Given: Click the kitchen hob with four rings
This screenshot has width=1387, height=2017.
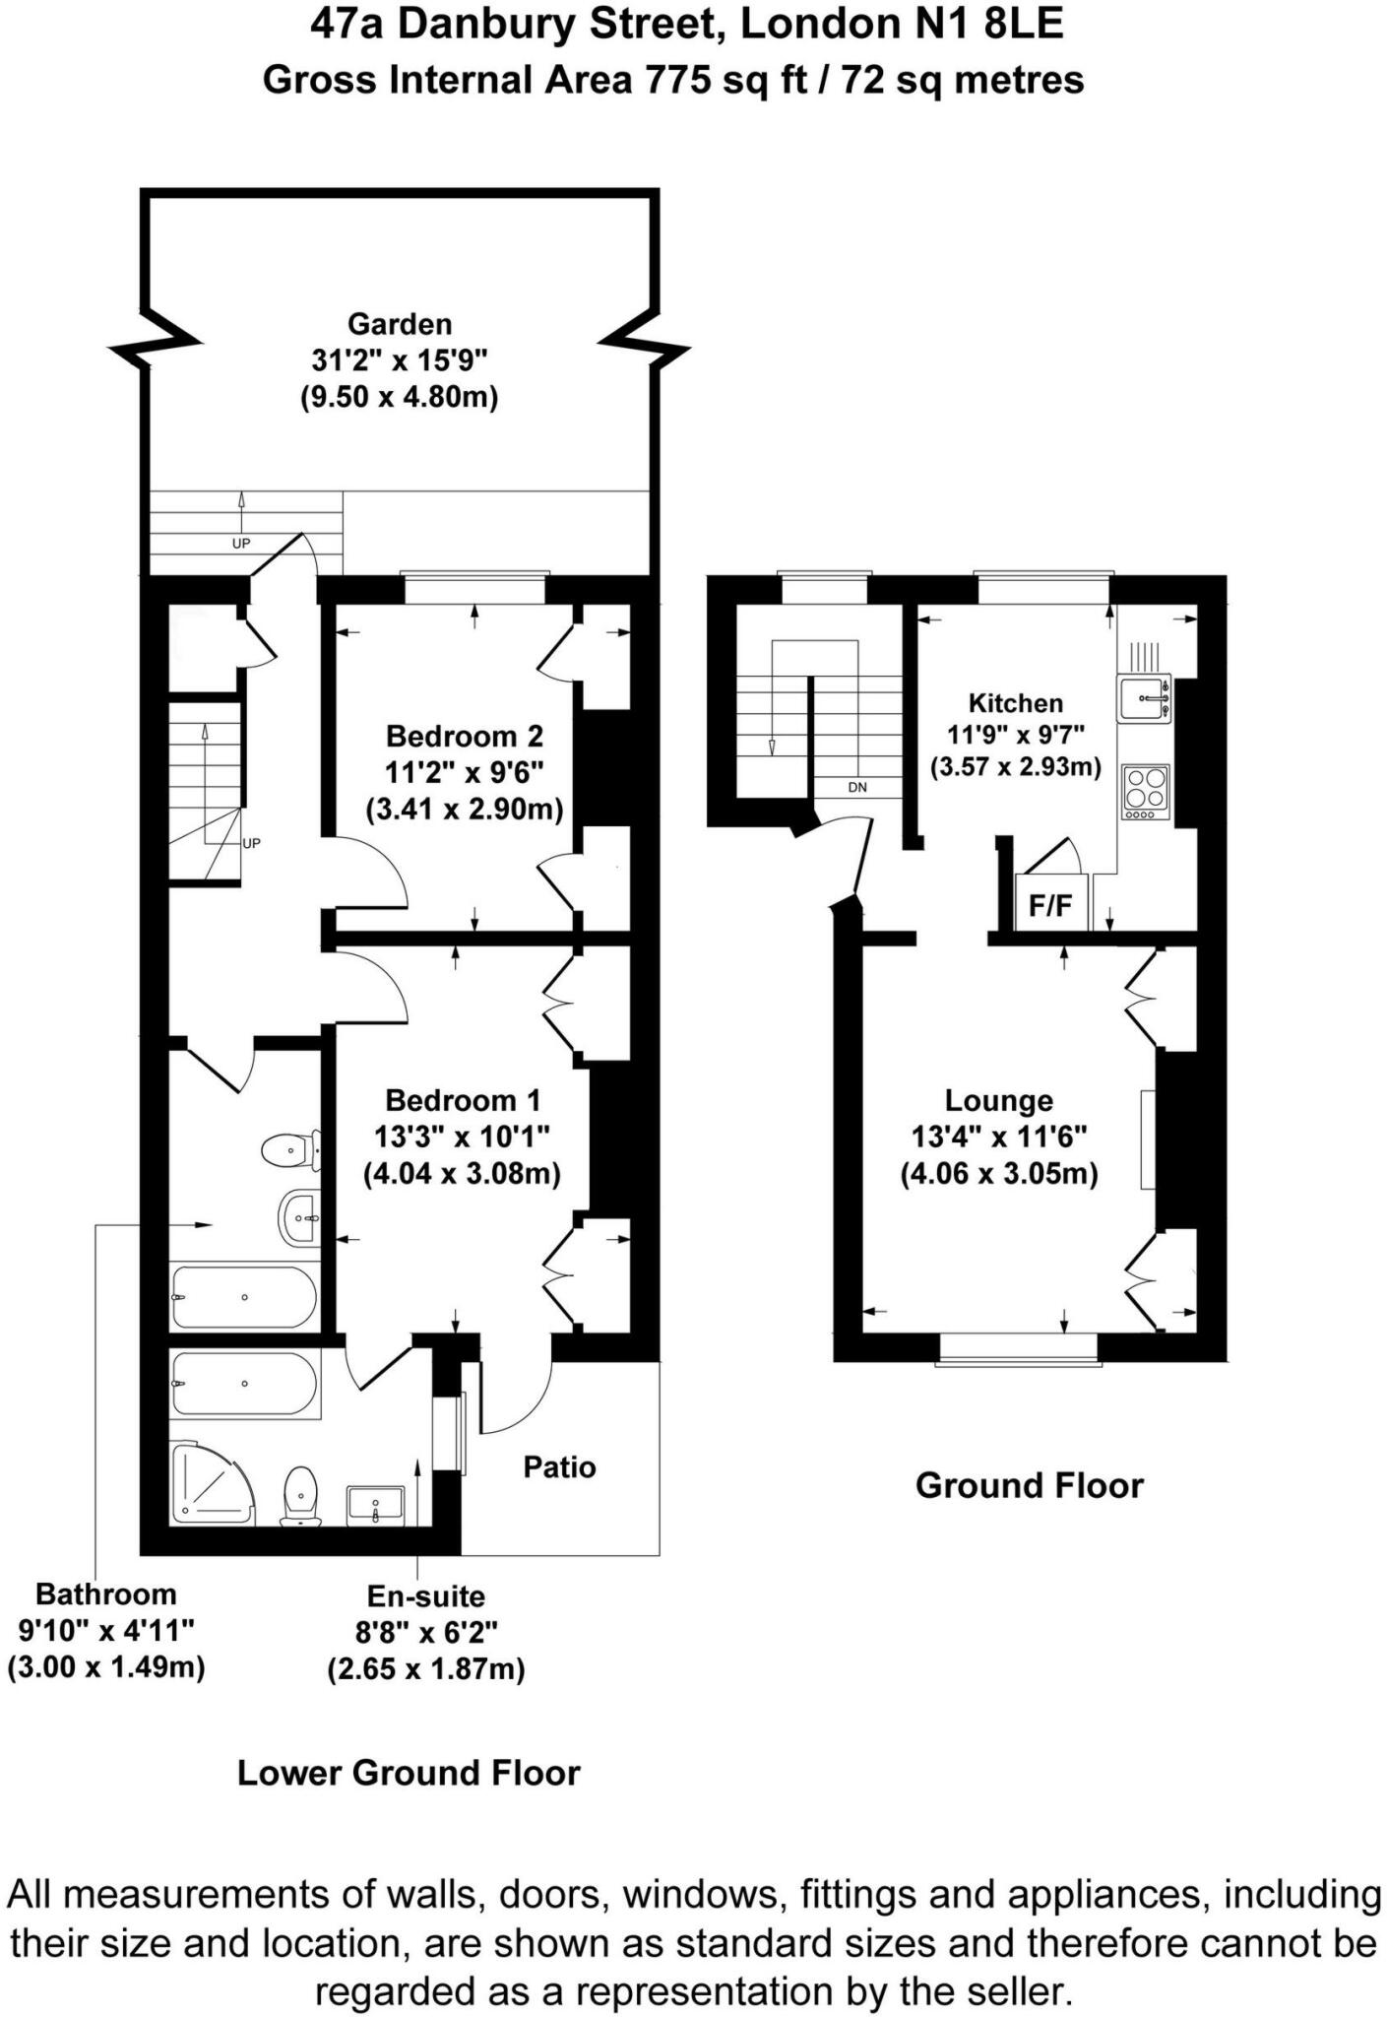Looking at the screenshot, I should coord(1146,792).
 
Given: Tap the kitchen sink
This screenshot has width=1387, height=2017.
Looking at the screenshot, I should coord(1144,698).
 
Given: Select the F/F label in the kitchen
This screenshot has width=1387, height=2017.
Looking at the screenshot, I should coord(1050,906).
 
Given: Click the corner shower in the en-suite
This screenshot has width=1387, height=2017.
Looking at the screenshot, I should coord(210,1484).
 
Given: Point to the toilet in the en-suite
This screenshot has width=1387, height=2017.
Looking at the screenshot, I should coord(300,1496).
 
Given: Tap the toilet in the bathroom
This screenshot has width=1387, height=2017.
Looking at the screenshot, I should coord(289,1149).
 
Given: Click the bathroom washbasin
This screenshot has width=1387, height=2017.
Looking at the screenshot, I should coord(298,1218).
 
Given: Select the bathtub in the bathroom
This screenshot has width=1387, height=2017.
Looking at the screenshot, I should coord(243,1297).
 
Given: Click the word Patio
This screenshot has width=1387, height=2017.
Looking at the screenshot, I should coord(559,1467).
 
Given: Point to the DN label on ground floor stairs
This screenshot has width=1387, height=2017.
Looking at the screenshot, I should coord(857,788).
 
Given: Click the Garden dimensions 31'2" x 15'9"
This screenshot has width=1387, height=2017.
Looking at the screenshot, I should coord(400,360).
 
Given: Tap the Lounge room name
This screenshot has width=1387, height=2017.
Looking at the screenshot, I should coord(998,1100).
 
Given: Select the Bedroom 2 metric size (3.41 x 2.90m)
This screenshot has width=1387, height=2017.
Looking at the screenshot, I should coord(464,810).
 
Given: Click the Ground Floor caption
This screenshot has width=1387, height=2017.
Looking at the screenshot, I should coord(1029,1485).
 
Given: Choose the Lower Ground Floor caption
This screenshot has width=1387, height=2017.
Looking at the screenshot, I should coord(409,1773).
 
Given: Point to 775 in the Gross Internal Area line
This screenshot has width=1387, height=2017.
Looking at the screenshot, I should coord(679,80).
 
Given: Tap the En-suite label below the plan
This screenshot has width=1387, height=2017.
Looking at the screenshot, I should coord(425,1595).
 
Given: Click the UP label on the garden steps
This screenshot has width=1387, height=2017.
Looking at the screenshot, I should coord(241,544).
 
